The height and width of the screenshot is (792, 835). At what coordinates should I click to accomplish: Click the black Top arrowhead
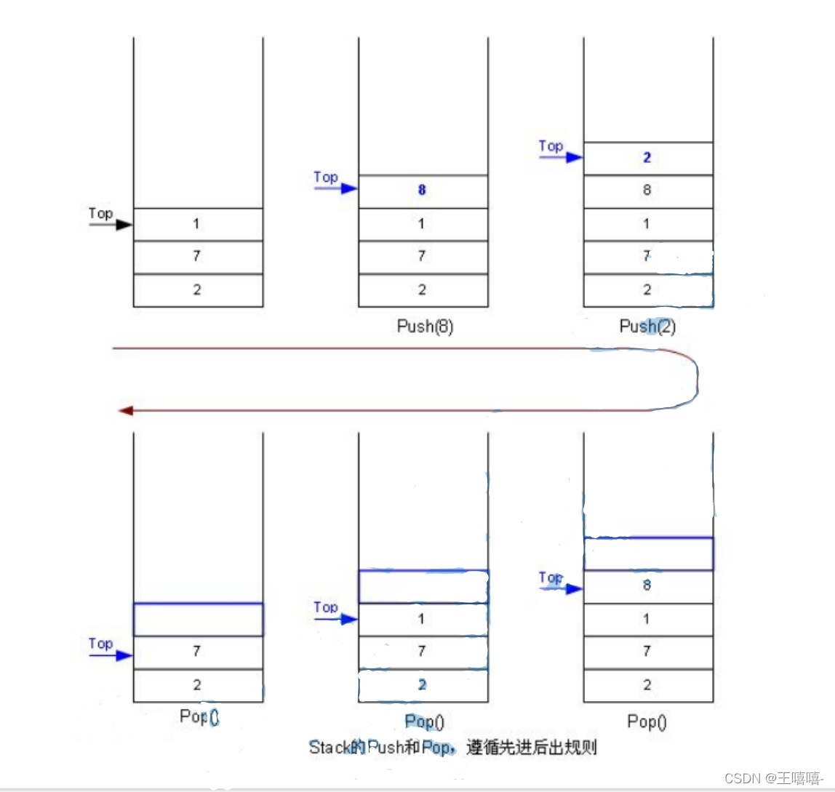[x=124, y=225]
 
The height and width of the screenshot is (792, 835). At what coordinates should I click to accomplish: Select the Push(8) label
[x=425, y=327]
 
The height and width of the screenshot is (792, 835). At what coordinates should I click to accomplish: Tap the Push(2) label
[x=647, y=327]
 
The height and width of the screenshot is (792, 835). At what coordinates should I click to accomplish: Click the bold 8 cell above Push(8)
[x=423, y=191]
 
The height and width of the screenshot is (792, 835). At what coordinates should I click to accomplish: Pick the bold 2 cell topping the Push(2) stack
[x=647, y=158]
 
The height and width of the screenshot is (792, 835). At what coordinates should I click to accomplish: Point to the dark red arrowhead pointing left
[x=125, y=411]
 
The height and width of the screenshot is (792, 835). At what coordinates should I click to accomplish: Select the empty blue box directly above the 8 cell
[x=647, y=553]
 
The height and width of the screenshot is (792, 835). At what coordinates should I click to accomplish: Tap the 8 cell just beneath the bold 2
[x=647, y=191]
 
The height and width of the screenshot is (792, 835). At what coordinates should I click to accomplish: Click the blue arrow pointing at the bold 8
[x=336, y=189]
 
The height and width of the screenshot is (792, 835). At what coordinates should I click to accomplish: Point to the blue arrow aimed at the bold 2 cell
[x=561, y=157]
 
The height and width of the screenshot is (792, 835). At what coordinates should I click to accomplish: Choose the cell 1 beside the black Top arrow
[x=197, y=224]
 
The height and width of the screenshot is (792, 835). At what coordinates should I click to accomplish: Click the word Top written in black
[x=101, y=214]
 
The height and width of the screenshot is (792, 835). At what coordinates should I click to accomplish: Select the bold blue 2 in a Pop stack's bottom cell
[x=423, y=685]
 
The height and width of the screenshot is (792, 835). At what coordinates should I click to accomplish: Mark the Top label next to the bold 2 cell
[x=551, y=146]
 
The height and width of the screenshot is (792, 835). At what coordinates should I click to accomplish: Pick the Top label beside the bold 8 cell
[x=326, y=177]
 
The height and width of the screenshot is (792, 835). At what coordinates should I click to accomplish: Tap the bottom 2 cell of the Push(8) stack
[x=423, y=290]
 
